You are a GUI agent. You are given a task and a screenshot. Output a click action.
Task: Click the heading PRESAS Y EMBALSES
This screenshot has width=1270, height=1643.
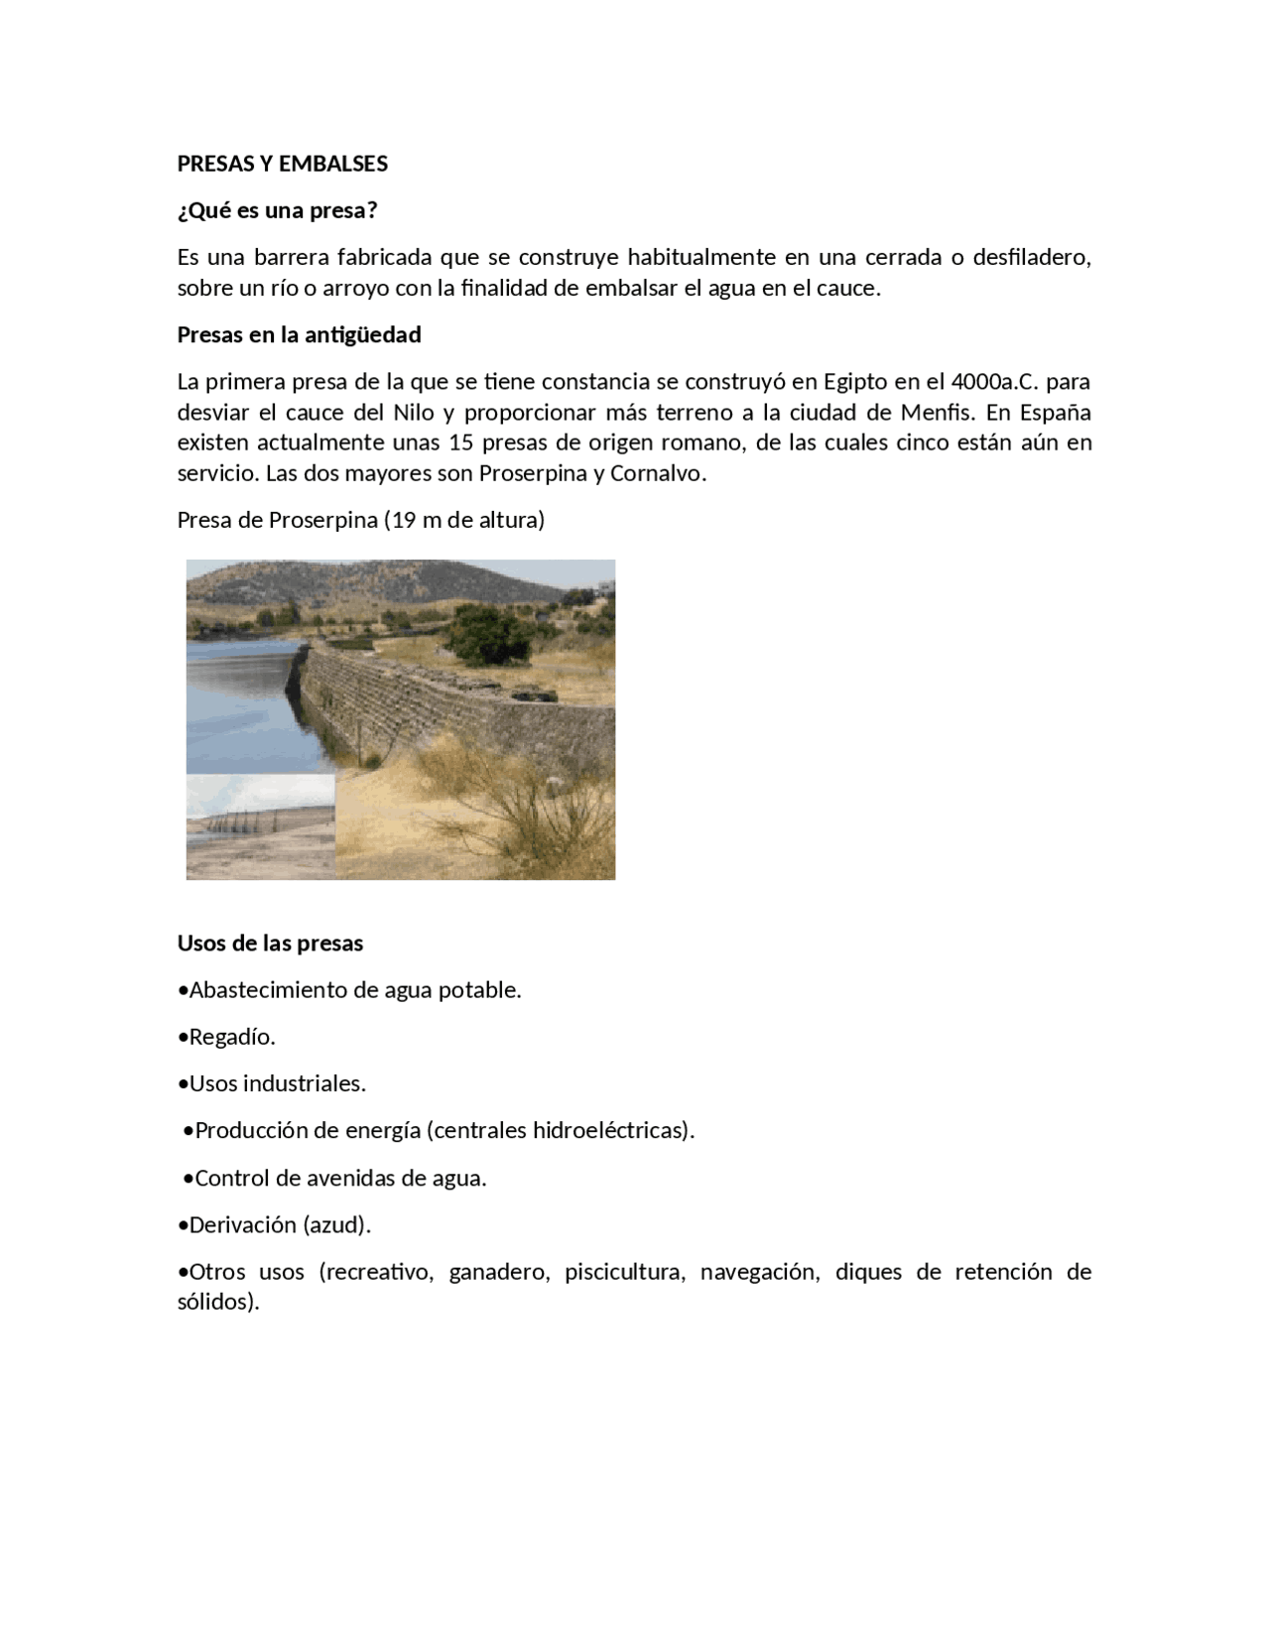point(282,164)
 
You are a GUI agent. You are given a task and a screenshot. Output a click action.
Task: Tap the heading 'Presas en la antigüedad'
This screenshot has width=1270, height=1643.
point(299,335)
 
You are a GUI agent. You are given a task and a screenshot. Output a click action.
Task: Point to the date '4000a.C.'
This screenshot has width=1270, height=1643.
point(992,382)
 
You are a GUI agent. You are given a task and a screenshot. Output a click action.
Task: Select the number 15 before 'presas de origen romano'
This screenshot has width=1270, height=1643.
point(460,442)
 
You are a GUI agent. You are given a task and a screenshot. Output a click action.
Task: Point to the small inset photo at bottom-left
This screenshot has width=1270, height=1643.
point(260,826)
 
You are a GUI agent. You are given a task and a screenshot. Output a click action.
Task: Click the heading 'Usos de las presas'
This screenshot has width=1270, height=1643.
point(270,944)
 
